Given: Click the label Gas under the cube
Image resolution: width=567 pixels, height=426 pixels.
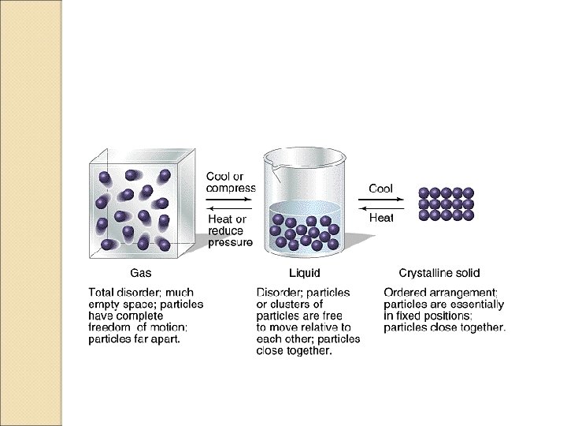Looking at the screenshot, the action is coord(140,273).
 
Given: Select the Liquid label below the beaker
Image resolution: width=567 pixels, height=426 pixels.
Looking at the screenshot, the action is coord(305,273).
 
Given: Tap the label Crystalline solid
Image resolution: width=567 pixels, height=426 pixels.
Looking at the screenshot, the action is coord(439,273).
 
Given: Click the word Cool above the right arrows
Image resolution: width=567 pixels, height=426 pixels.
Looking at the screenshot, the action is coord(380,189).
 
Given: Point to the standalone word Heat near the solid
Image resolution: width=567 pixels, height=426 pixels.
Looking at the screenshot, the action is coord(381,218).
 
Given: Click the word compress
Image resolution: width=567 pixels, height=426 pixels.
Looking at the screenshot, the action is coord(231,189).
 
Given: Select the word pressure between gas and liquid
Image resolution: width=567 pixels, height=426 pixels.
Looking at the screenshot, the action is coord(230,242).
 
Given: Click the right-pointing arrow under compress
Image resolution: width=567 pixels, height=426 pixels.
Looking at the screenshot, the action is coord(228,200).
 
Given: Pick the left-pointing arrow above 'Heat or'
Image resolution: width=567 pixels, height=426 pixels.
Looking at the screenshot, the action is coord(228,208).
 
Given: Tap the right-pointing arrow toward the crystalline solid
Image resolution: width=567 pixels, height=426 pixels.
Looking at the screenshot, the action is coord(381,200).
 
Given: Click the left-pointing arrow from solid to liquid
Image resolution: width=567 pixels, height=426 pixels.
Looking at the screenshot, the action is coord(381,208).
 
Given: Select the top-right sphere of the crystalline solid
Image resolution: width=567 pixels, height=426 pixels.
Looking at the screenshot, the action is coord(468,192).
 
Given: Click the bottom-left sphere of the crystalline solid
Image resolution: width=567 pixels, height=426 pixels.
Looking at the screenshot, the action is coord(424,215).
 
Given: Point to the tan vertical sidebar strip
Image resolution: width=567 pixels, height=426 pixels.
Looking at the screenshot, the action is coord(31,213).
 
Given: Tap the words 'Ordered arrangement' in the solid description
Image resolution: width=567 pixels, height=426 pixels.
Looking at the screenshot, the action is coord(440,293).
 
